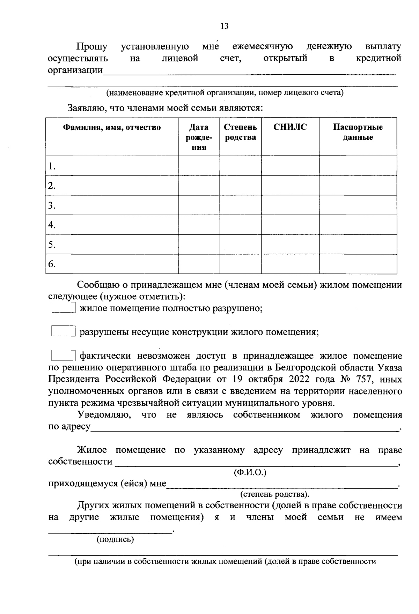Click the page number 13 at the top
coord(225,26)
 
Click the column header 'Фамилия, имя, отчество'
coord(112,127)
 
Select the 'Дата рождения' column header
coord(199,137)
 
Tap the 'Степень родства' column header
coord(241,132)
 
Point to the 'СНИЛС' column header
coord(290,127)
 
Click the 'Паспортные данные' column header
coord(358,132)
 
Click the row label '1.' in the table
coord(52,166)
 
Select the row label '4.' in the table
coord(52,225)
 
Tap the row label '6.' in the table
coord(52,264)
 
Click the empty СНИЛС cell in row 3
coord(290,205)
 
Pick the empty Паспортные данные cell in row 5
coord(358,244)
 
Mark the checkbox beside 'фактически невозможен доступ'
coord(63,355)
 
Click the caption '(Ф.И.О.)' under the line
coord(250,472)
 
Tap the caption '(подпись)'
coord(115,540)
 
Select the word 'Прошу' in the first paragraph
coord(92,46)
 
